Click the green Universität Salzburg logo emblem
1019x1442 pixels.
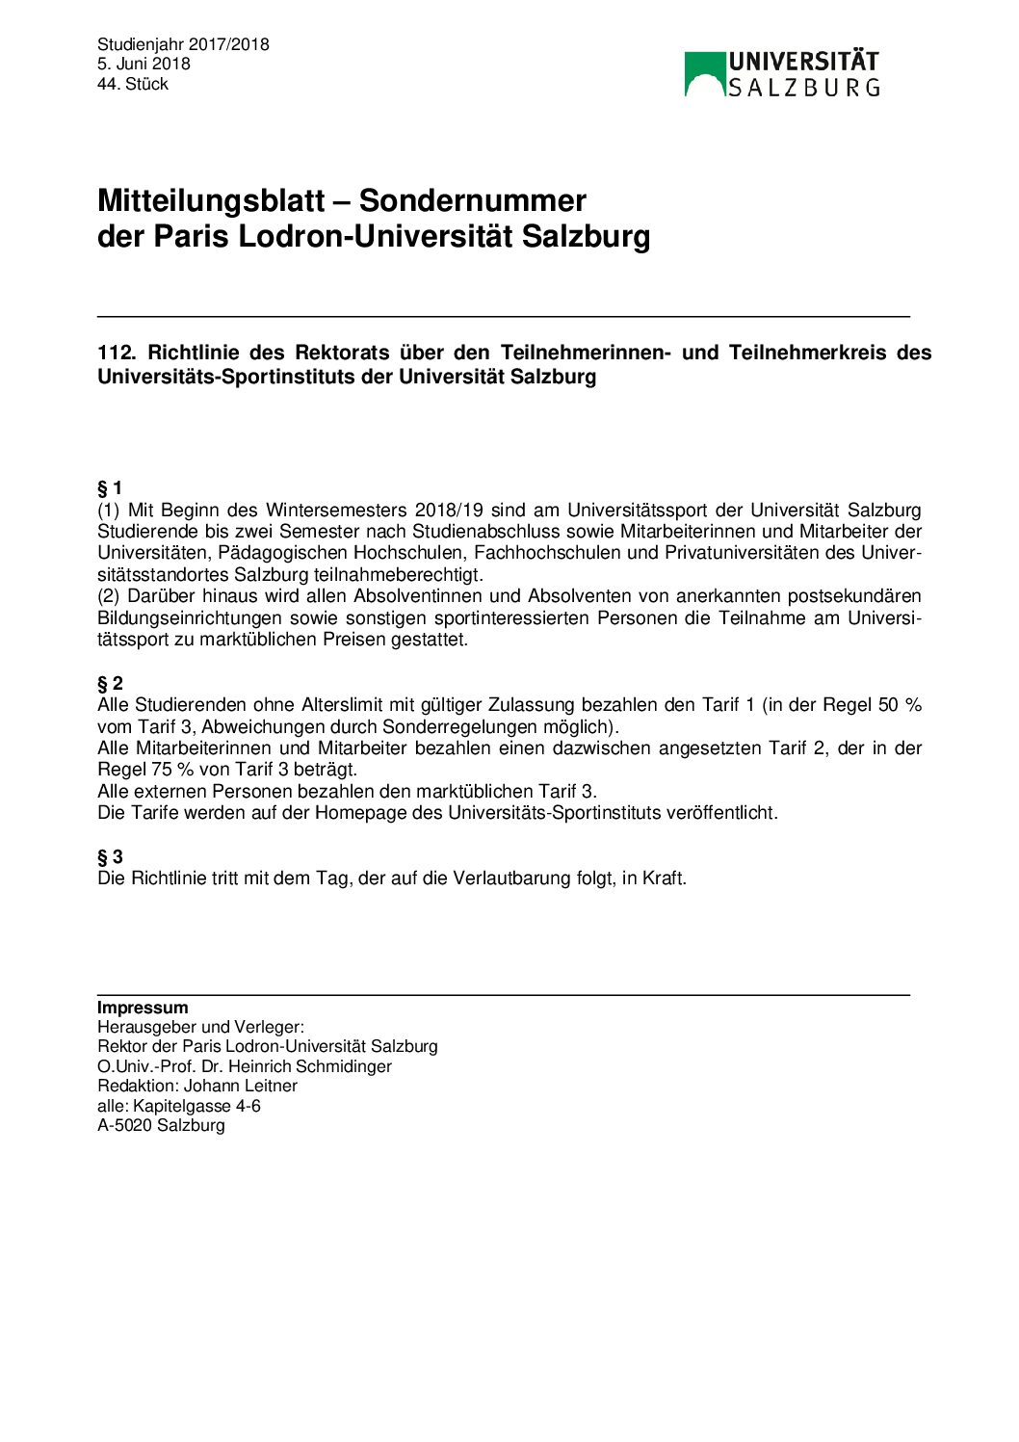[704, 74]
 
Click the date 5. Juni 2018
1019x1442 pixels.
[144, 64]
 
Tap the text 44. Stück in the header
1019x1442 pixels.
[133, 84]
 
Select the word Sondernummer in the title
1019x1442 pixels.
[472, 200]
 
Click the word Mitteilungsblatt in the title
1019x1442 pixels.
[211, 200]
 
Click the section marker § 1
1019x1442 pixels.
[110, 487]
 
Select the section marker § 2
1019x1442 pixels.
[110, 684]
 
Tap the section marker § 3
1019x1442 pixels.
[110, 856]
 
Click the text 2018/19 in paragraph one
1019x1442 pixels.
[449, 510]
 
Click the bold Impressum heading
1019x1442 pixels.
[143, 1008]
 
